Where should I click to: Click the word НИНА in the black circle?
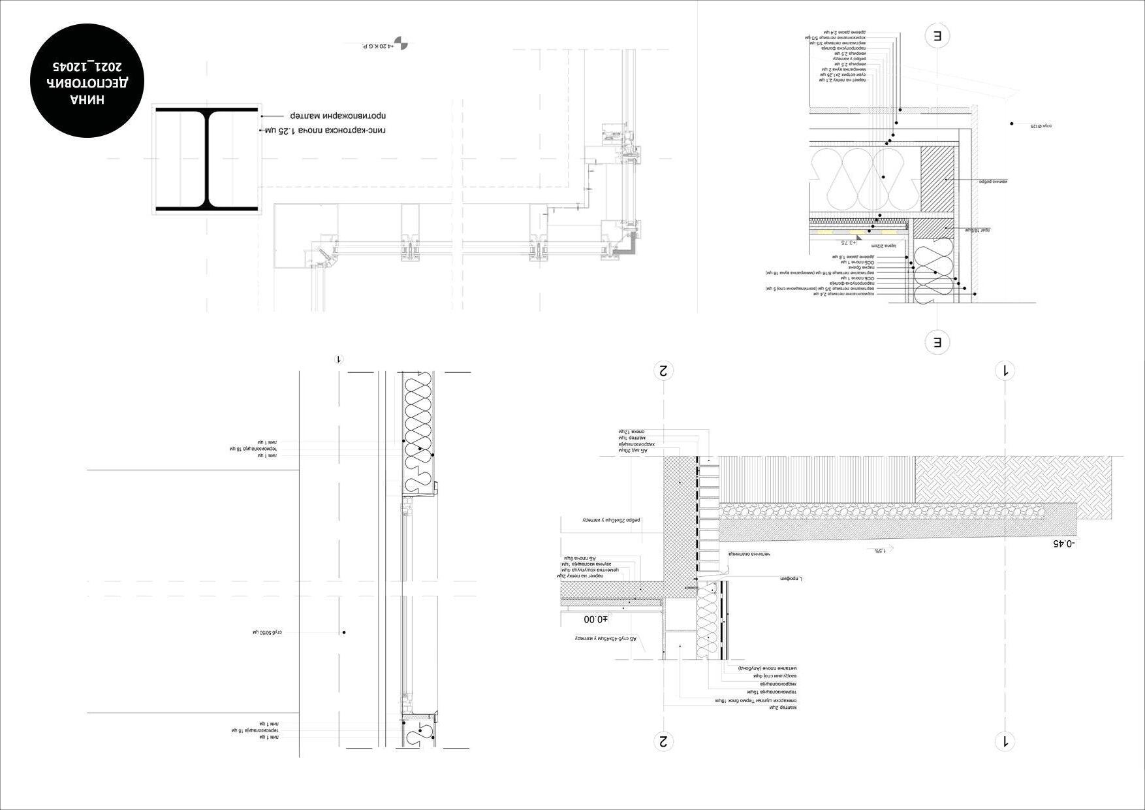87,99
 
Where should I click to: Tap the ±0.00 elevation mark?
595,619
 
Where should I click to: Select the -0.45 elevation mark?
1065,543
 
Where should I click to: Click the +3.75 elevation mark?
847,242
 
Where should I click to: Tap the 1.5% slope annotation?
881,551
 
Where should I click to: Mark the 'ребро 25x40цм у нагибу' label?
612,521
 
